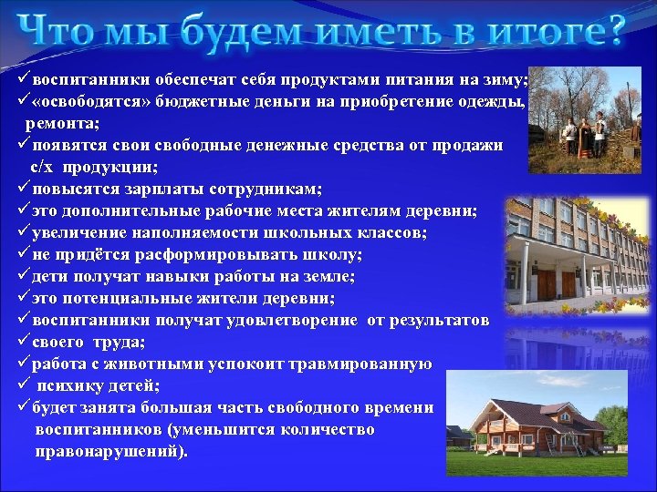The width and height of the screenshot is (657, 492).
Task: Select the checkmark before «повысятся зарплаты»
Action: coord(24,189)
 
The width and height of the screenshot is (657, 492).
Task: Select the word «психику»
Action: coord(70,386)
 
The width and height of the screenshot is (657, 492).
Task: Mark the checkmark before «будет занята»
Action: coord(24,408)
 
